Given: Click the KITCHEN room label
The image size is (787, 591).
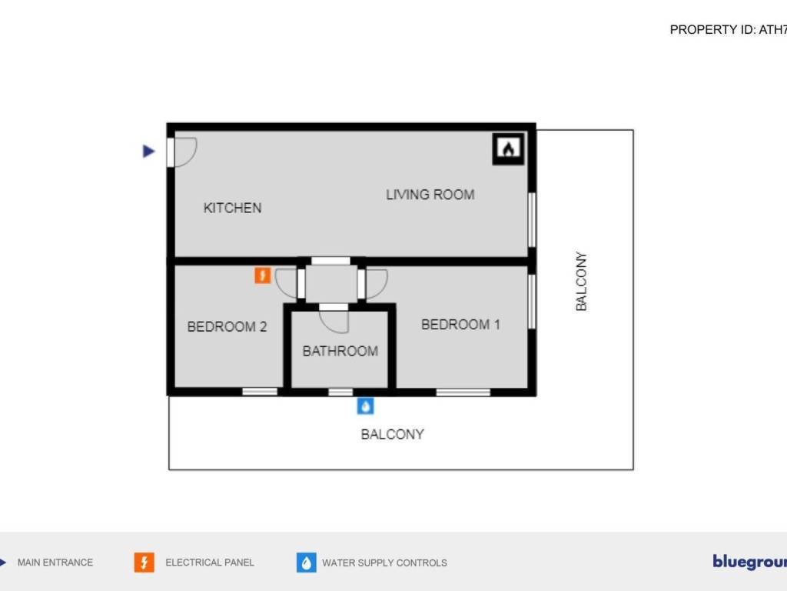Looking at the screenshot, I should click(232, 208).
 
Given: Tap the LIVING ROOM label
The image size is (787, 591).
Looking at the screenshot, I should click(430, 195).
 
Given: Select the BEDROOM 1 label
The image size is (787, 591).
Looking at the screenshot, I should click(460, 325).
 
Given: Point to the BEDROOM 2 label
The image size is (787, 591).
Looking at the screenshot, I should click(227, 327).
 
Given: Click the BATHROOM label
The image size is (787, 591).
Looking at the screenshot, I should click(340, 351).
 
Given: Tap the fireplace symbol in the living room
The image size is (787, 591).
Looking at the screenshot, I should click(508, 149).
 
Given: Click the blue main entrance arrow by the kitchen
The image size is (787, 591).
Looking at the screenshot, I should click(149, 152).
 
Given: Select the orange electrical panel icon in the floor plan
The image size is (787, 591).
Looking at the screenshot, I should click(263, 275).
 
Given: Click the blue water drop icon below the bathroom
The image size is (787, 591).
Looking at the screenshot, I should click(366, 406).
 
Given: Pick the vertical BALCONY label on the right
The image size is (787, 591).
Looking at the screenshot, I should click(582, 282).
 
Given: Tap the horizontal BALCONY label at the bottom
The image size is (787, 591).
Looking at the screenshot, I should click(392, 434).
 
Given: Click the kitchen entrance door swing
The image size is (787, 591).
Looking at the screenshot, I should click(185, 151).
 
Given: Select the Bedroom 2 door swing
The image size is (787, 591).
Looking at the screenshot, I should click(286, 283).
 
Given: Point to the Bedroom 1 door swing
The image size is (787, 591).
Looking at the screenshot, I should click(377, 283).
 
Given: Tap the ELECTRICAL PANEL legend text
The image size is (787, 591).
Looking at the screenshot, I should click(209, 563).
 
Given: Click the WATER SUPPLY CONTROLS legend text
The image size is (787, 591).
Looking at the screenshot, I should click(384, 563).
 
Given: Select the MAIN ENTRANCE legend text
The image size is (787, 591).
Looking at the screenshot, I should click(55, 563).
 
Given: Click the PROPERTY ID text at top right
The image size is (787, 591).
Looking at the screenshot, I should click(728, 30).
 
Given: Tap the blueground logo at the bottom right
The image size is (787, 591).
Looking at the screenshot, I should click(749, 562).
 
